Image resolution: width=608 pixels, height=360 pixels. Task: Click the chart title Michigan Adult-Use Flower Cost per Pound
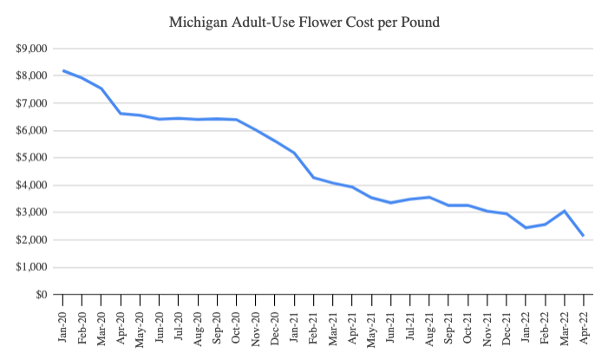point(304,22)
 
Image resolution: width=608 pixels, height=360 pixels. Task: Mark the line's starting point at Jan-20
point(64,70)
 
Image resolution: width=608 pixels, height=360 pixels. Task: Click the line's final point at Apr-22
point(583,235)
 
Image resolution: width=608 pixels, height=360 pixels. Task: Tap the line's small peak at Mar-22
point(564,211)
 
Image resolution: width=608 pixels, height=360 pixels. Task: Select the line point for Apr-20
point(121,113)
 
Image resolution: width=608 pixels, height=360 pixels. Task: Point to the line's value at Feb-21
point(314,177)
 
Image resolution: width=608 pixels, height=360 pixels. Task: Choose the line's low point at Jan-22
point(525,227)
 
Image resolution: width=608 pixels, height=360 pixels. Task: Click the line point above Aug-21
point(429,197)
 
